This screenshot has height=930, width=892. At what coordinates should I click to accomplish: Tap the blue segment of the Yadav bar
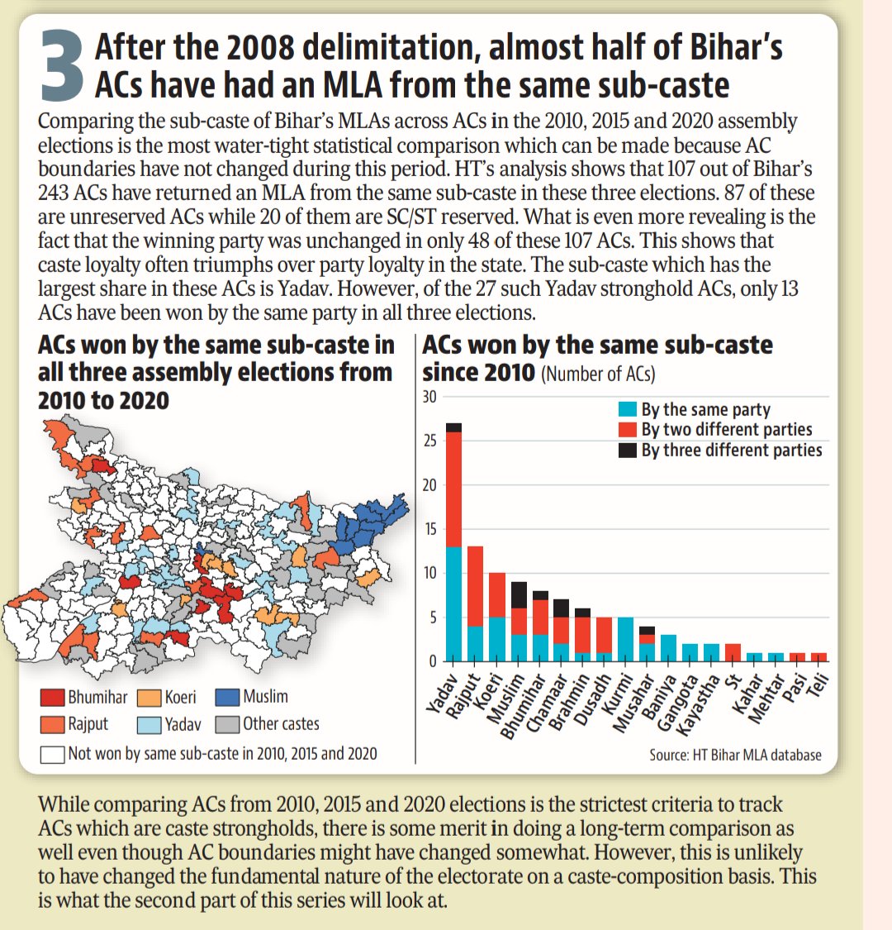point(453,603)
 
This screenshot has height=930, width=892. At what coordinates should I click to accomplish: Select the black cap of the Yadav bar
point(453,427)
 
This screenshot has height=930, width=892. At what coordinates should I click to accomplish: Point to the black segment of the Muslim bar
point(518,595)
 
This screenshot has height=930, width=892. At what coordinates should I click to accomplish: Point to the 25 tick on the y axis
point(429,441)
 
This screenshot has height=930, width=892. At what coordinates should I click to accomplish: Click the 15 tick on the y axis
point(429,529)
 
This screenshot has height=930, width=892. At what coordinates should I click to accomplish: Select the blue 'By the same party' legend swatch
point(628,409)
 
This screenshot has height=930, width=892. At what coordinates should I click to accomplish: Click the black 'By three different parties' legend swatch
point(628,450)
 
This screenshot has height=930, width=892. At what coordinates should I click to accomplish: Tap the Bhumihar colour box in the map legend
point(52,698)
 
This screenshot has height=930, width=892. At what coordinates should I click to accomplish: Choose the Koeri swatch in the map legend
point(149,698)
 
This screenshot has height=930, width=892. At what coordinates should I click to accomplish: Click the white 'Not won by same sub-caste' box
point(52,753)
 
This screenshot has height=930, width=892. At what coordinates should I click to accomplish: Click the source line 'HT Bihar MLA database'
point(735,754)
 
